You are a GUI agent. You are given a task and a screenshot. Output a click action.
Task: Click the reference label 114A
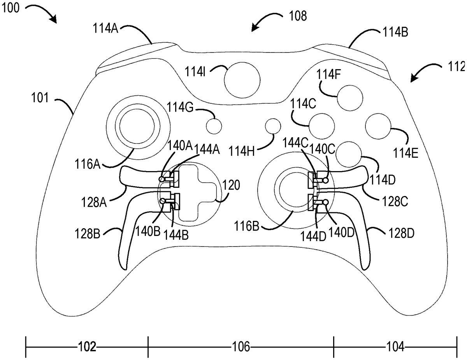105,28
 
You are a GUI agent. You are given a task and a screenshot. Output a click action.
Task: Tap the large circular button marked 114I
242,80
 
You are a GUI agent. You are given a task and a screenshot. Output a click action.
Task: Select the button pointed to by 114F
350,98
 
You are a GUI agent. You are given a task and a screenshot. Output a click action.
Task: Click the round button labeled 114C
321,126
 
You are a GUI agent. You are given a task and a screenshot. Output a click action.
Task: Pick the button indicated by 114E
378,126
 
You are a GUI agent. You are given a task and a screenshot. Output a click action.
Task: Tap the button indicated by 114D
349,154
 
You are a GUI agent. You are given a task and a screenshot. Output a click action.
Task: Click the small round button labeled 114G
214,126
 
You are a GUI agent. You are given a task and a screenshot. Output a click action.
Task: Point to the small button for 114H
273,126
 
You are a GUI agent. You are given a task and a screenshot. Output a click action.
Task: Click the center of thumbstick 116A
137,127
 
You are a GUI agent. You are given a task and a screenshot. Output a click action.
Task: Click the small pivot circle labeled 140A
162,178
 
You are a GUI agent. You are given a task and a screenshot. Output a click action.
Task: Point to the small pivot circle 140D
326,202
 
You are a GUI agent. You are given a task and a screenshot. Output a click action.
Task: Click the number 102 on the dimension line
87,347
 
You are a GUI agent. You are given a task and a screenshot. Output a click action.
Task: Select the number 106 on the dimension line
241,347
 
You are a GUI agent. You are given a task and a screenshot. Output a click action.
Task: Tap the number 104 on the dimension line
395,347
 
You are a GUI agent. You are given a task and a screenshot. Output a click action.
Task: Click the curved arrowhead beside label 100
53,19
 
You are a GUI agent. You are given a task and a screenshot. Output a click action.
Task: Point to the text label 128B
88,234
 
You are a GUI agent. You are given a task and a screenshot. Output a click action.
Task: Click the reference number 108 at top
298,16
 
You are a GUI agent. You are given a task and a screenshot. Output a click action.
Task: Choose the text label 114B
395,33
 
